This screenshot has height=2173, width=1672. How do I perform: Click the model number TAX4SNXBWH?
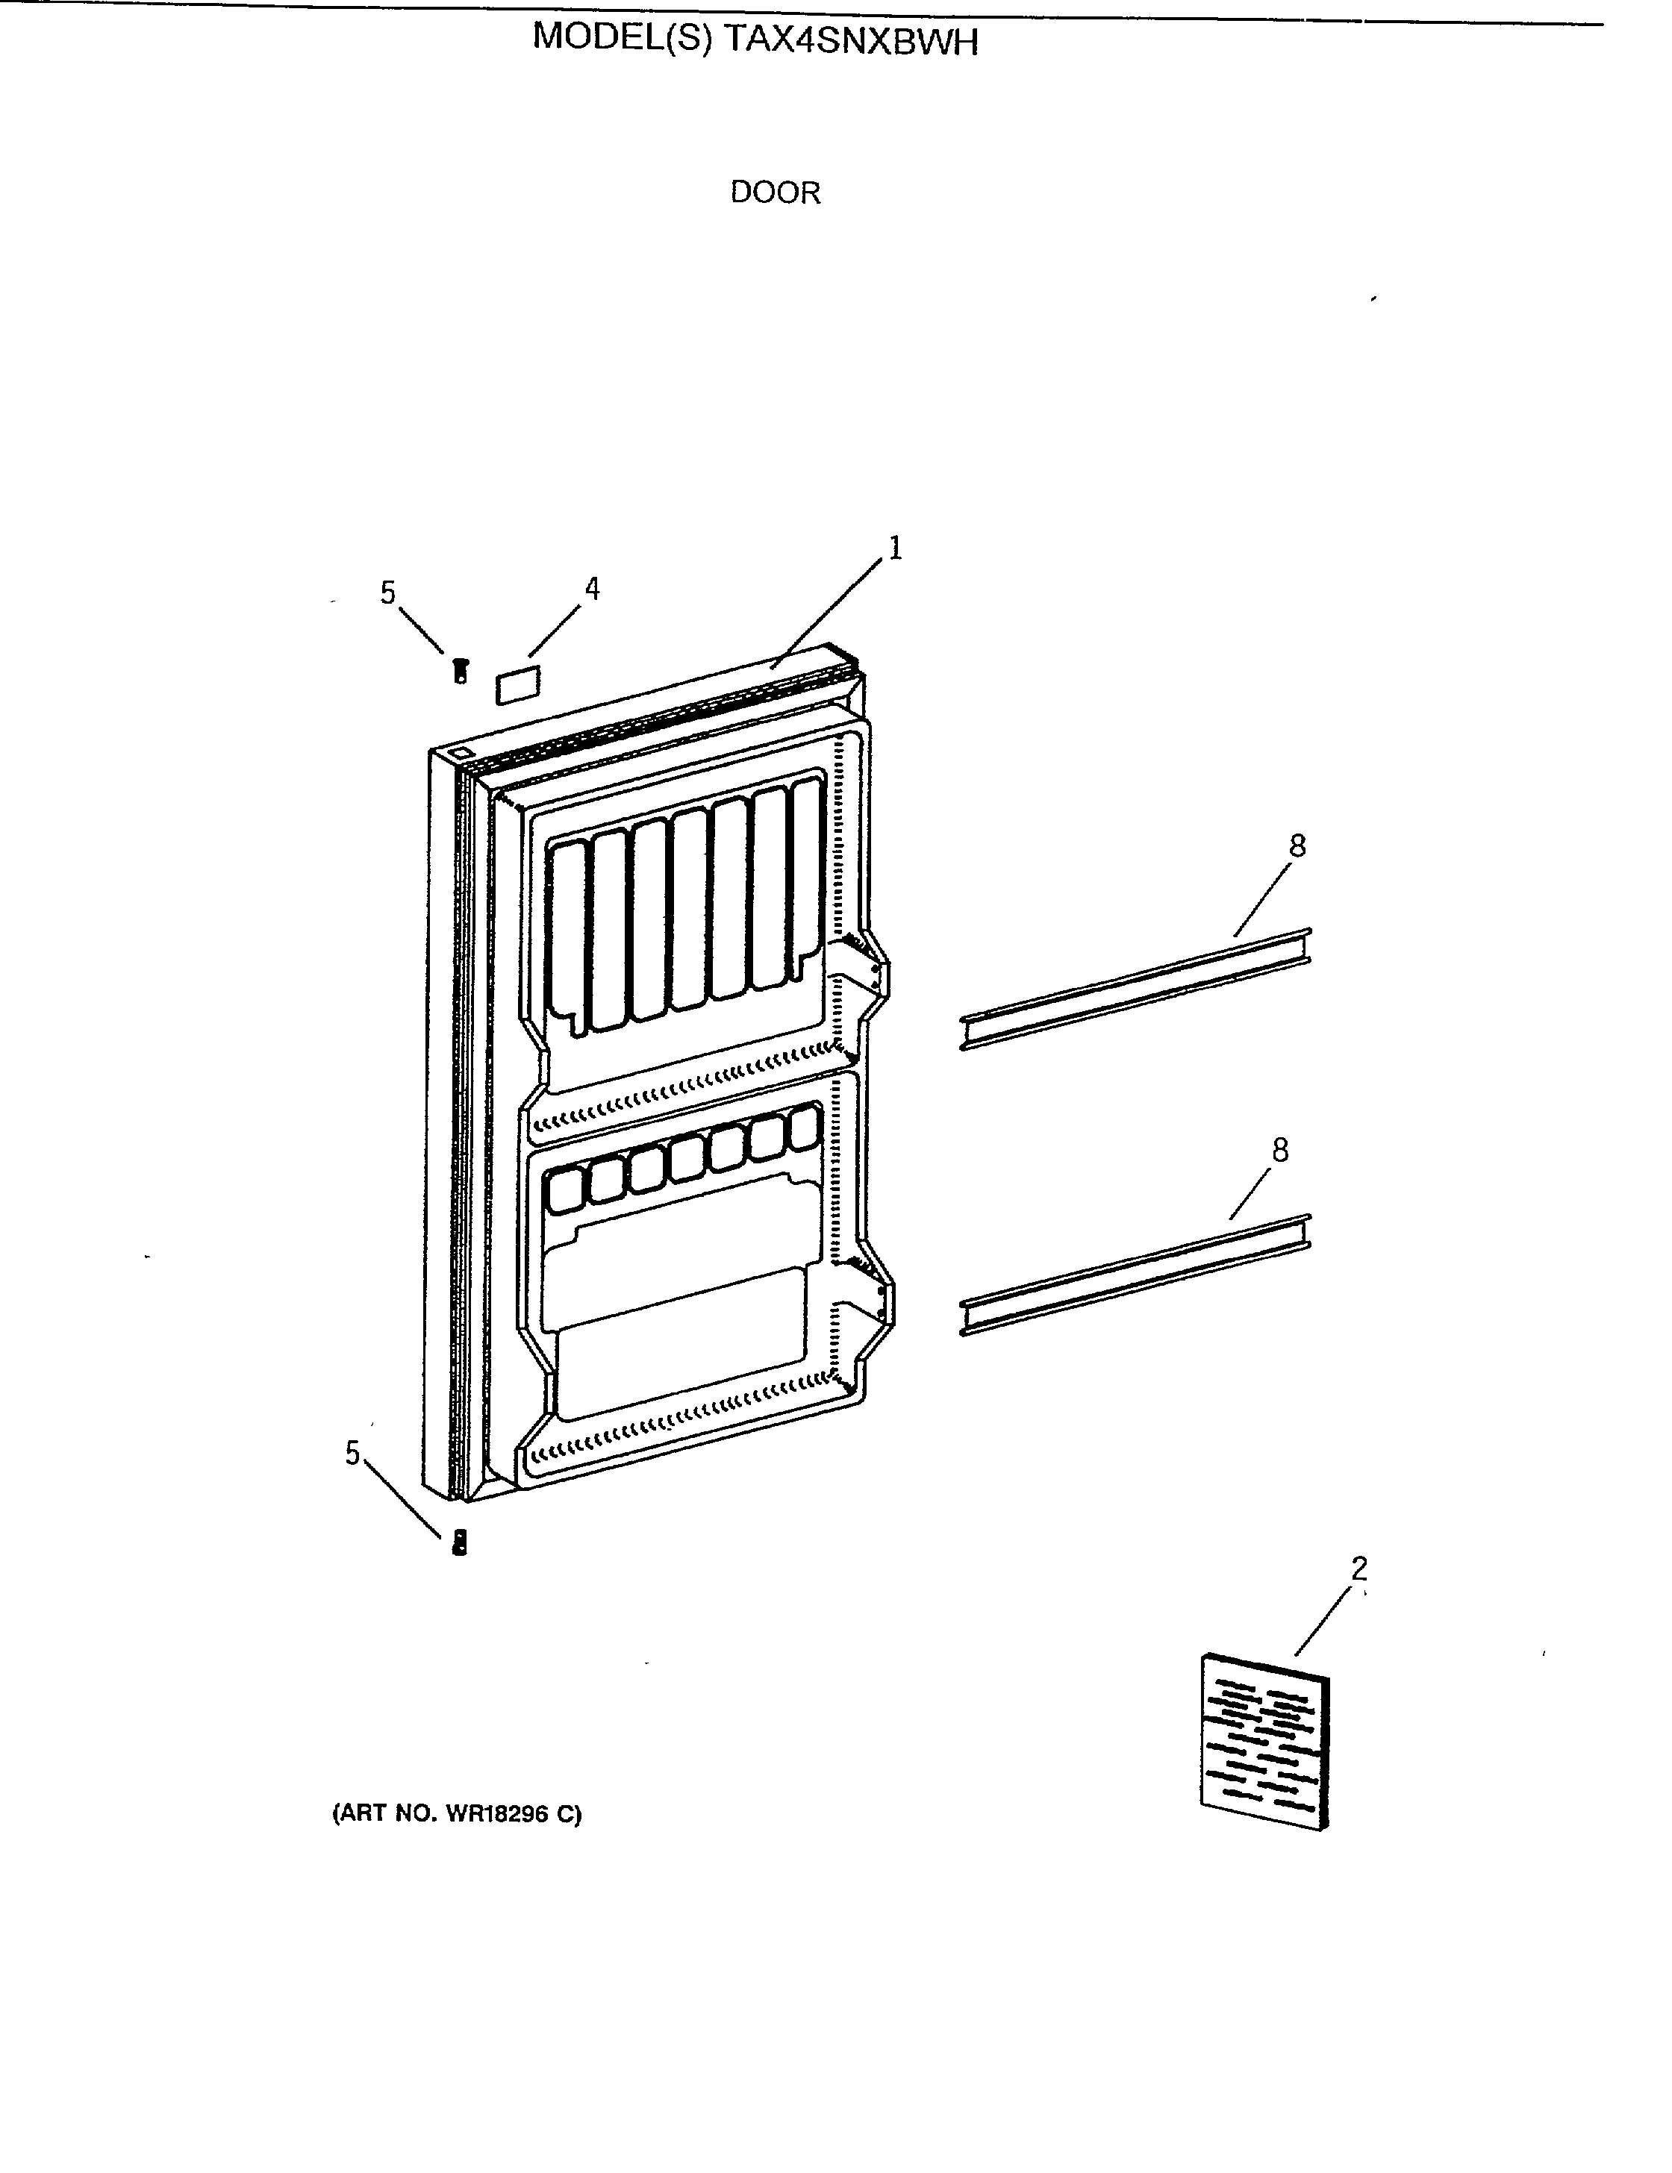(851, 41)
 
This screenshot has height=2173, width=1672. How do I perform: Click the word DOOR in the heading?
(776, 192)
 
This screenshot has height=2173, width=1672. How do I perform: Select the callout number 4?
(592, 589)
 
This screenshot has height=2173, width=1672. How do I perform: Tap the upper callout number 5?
(388, 593)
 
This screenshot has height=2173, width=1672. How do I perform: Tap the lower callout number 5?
(352, 1454)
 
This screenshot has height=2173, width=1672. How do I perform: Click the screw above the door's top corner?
(460, 671)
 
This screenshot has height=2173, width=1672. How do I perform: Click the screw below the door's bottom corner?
(460, 1543)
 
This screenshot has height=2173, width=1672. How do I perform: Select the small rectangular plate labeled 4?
(517, 686)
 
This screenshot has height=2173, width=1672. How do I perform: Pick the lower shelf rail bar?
(1135, 1275)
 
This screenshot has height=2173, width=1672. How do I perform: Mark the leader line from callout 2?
(1323, 1621)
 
